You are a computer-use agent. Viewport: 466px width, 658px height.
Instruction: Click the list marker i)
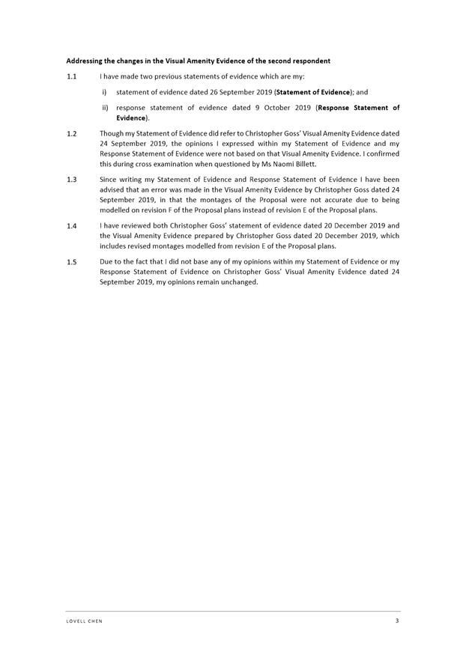point(104,92)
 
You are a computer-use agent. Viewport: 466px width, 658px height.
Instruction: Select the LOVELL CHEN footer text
point(84,621)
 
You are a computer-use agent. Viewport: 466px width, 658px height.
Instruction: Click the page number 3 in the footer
point(397,621)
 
